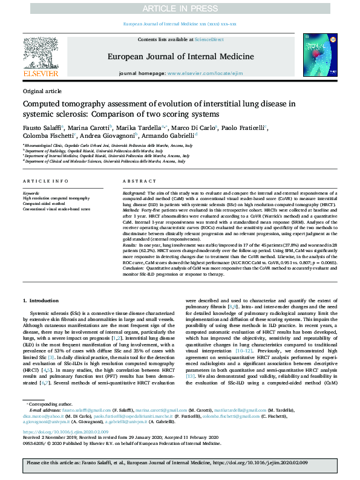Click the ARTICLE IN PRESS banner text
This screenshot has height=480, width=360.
click(x=180, y=8)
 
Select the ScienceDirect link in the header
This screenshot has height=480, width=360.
click(x=209, y=39)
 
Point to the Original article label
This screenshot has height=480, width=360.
click(x=42, y=91)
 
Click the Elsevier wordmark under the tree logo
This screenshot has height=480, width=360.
click(x=41, y=74)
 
